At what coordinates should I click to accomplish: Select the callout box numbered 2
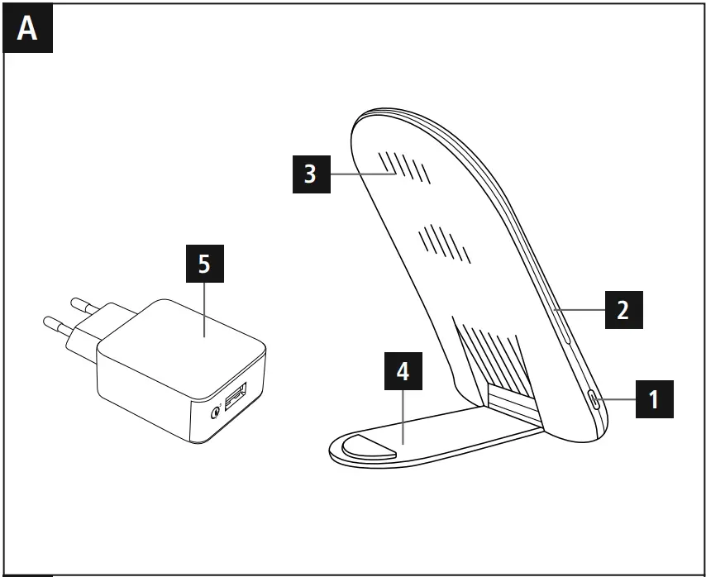[623, 309]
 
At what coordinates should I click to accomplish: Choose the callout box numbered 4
[403, 372]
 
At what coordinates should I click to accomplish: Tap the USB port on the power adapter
[234, 403]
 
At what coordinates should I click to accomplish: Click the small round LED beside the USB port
[216, 412]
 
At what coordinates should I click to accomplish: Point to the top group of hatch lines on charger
[406, 168]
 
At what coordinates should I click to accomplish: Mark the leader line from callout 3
[360, 174]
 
